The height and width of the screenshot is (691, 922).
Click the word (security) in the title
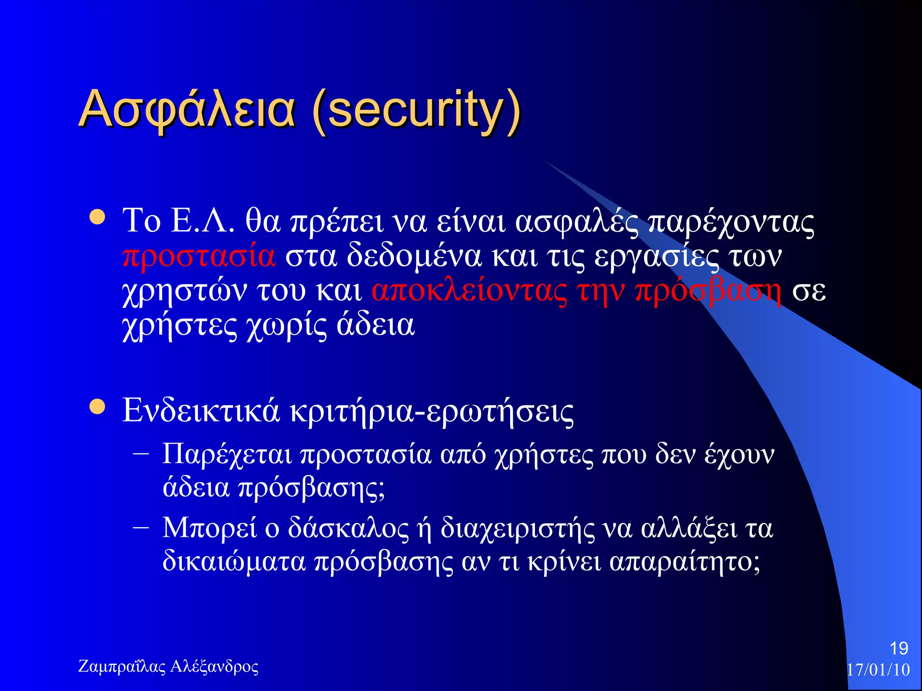pos(416,110)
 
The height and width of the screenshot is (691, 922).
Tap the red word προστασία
pos(199,256)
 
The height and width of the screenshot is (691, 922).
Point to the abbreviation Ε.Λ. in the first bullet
pos(203,221)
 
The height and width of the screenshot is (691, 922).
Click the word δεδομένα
pos(414,256)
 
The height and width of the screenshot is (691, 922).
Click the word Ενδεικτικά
pos(201,410)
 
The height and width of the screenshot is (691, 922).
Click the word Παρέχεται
pos(227,454)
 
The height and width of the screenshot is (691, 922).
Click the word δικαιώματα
pos(234,562)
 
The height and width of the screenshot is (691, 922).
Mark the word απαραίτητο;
pos(685,562)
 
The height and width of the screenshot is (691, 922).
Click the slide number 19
pos(899,649)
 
